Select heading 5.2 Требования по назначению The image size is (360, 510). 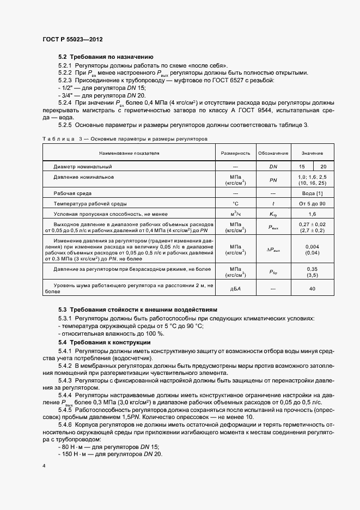click(106, 57)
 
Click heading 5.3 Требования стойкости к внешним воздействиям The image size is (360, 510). click(137, 308)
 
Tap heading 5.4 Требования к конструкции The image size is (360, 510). click(104, 342)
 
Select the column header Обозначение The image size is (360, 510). click(273, 154)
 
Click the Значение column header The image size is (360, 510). click(313, 154)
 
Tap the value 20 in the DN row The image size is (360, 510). click(324, 166)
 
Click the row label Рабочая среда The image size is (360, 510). click(72, 193)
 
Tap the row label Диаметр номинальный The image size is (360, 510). click(83, 166)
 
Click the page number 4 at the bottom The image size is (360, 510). click(44, 466)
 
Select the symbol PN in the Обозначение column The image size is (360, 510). click(273, 180)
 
